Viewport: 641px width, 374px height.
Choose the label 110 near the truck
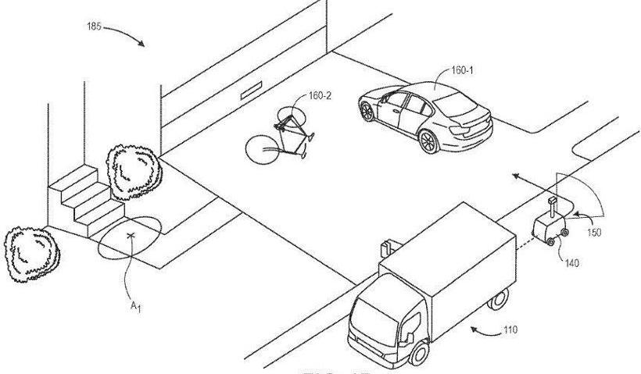pos(509,329)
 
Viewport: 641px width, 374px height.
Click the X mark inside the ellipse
pos(131,234)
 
